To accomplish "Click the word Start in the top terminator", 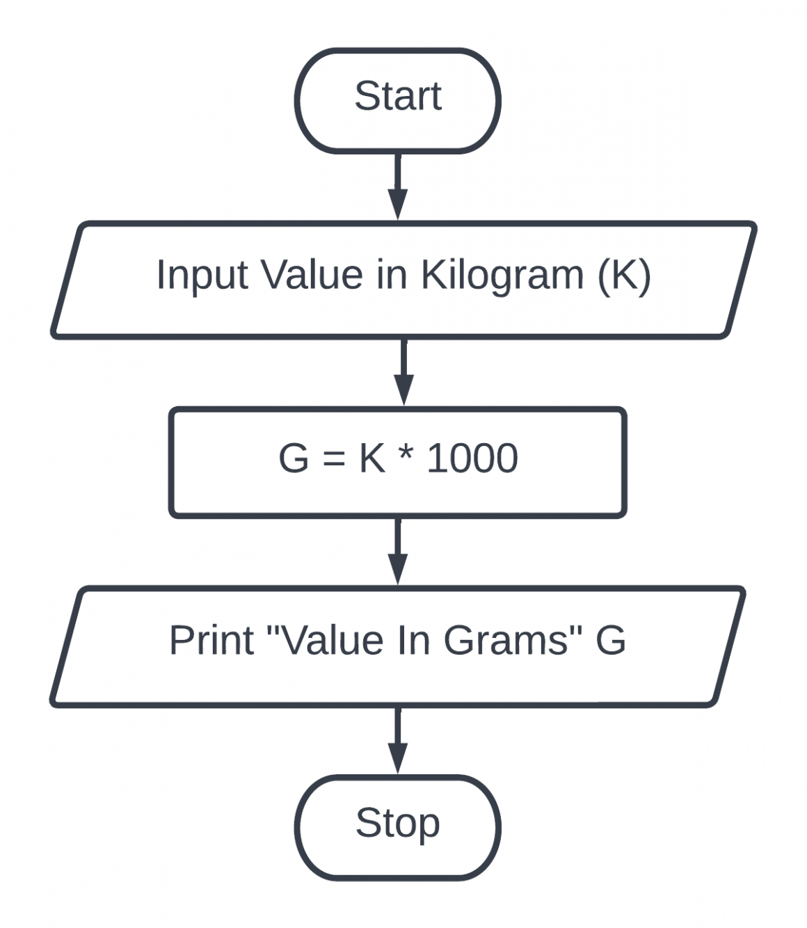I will [x=397, y=96].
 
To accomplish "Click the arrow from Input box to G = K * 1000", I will [x=403, y=371].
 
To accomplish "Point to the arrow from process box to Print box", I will [x=397, y=552].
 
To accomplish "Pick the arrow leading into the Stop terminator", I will [x=397, y=740].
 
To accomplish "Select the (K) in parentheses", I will [x=624, y=275].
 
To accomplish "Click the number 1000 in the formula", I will [x=472, y=458].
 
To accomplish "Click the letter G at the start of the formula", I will [x=293, y=458].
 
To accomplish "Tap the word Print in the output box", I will [x=211, y=640].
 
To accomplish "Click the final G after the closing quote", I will [x=610, y=640].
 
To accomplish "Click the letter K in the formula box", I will [x=371, y=458].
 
